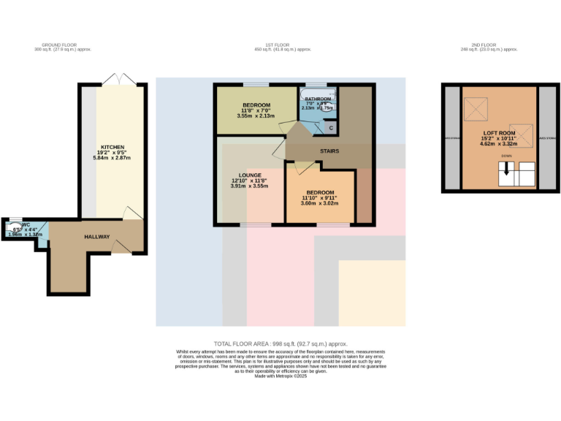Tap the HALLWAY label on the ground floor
coord(96,237)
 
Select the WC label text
coord(26,225)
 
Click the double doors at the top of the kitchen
coord(114,79)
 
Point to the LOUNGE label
coord(245,174)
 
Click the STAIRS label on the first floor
coord(329,151)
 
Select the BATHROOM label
coord(318,99)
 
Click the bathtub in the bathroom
coord(318,92)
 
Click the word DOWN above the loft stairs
coord(506,156)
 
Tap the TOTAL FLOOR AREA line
coord(280,344)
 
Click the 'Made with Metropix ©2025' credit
coord(280,376)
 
